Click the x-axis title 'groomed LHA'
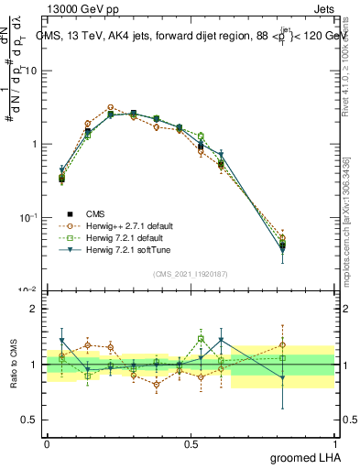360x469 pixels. click(x=306, y=457)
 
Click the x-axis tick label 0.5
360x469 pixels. click(x=191, y=443)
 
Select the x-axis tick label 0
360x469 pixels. click(x=47, y=443)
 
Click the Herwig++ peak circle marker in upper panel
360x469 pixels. click(x=110, y=107)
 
